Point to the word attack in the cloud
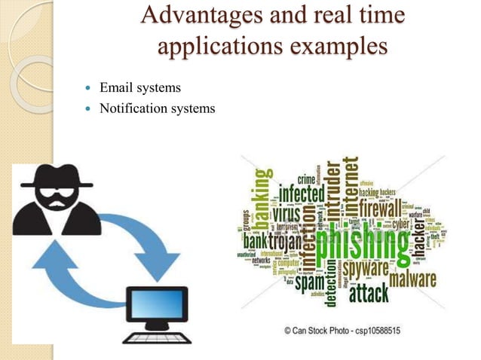point(370,291)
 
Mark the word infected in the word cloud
point(302,194)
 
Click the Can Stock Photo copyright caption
point(342,330)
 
